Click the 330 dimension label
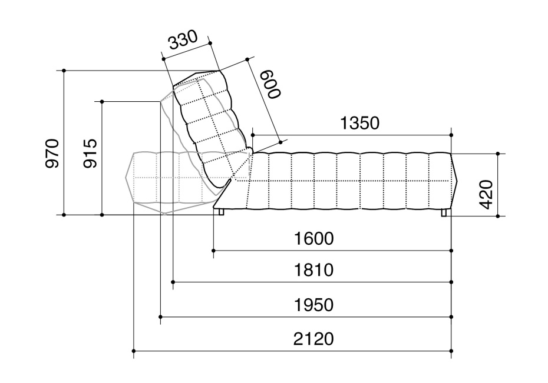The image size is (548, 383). point(183,40)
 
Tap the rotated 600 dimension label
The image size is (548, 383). point(271,84)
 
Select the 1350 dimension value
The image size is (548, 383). point(359,123)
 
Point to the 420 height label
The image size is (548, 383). point(486,194)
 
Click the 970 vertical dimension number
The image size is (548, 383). point(52,153)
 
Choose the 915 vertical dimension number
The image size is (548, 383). point(90,153)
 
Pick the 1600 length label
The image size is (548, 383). point(314,239)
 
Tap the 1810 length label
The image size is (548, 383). point(314,270)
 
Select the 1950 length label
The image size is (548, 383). point(314,305)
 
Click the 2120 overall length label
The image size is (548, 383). point(313,339)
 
